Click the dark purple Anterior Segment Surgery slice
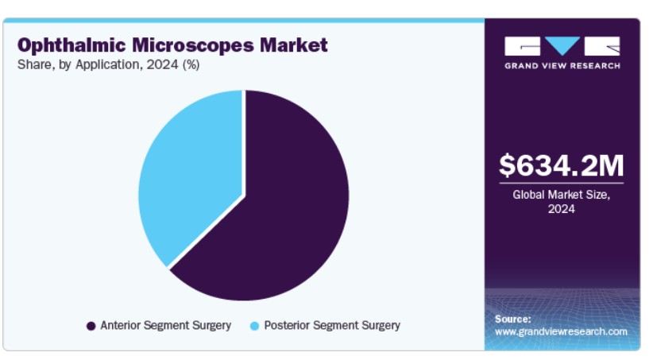283,208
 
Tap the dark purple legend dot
91,326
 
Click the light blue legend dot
254,326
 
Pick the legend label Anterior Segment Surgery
166,325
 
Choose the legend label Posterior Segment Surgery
332,325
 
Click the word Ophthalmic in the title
71,45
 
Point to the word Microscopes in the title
193,45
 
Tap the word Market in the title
294,45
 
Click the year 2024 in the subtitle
162,64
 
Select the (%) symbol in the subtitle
191,65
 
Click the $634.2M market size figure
562,165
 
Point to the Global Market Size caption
562,195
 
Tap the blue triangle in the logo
562,45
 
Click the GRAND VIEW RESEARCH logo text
562,66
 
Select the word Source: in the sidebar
513,319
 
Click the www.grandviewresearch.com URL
561,331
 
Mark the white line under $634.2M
562,183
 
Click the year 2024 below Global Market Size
562,209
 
